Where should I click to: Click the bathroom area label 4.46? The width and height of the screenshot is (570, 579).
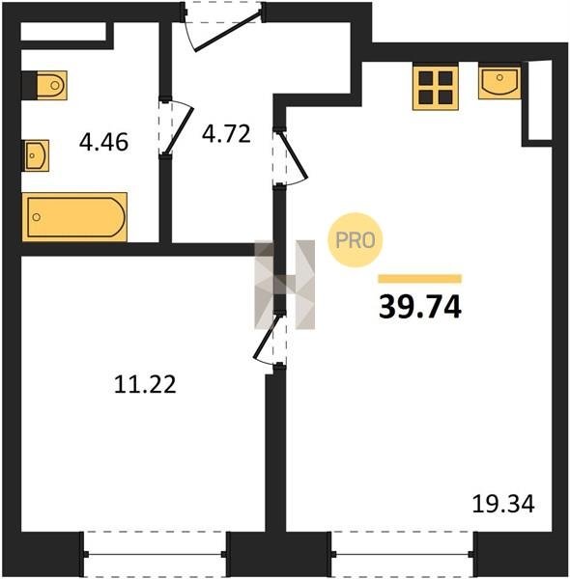coord(104,142)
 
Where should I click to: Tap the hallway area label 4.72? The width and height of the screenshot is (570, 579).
coord(226,134)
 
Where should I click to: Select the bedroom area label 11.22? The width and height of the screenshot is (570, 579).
coord(145,384)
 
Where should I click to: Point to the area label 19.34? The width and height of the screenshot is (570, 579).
coord(503,504)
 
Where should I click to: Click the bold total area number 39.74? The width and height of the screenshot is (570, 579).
coord(420,307)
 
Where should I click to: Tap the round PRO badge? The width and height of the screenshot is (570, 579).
coord(356,239)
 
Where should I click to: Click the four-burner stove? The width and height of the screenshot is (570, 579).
coord(436,88)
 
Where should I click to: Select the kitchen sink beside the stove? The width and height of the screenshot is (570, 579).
coord(499,82)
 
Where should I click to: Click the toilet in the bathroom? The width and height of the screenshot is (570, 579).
coord(51,85)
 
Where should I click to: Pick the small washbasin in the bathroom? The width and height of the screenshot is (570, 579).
coord(36,155)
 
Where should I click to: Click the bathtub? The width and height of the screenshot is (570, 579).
coord(74,217)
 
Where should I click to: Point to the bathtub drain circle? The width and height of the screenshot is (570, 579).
coord(36,217)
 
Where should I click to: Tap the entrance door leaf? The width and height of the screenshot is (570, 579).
coord(228,31)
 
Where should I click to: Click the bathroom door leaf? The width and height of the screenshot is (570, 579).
coord(180,130)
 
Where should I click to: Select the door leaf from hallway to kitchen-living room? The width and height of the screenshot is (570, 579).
coord(294,155)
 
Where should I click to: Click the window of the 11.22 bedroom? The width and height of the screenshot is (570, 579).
coord(156,554)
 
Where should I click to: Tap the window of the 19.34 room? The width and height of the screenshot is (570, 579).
coord(403,554)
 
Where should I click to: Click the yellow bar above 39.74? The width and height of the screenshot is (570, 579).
coord(420,279)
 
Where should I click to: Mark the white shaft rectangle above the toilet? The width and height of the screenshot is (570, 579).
coord(64,32)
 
